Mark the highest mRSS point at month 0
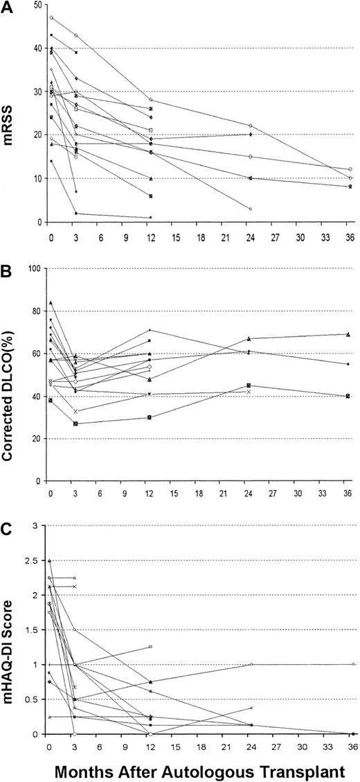coord(51,17)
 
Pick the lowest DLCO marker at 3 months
coord(75,424)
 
